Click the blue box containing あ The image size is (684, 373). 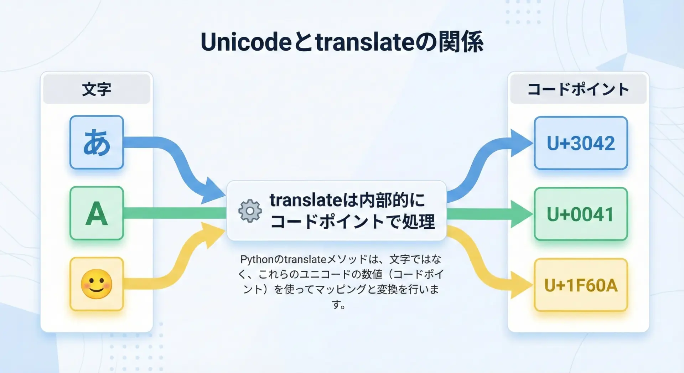97,142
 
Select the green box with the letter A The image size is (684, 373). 97,213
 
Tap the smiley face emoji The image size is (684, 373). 97,284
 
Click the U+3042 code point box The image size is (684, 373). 581,143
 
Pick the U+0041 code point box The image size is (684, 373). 581,214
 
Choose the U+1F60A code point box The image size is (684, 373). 581,285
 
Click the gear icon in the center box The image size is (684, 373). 250,211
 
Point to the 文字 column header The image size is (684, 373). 97,89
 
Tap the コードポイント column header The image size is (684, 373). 578,89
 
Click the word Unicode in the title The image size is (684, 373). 246,42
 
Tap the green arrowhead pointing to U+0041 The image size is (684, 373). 522,214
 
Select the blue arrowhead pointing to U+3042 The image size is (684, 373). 522,143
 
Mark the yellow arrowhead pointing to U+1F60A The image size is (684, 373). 522,285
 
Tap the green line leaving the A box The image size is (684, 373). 175,213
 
